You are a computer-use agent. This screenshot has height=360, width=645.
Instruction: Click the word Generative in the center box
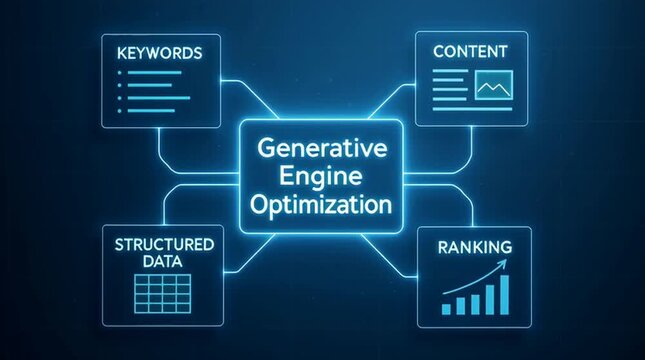[x=322, y=147]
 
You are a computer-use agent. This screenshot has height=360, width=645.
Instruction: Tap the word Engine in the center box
[x=322, y=177]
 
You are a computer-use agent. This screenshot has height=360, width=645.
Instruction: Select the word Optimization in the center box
[x=322, y=207]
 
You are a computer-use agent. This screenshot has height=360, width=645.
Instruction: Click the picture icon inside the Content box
[x=494, y=88]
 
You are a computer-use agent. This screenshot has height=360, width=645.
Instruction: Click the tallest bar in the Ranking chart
[x=503, y=292]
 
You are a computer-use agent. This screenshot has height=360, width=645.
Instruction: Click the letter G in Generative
[x=265, y=147]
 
